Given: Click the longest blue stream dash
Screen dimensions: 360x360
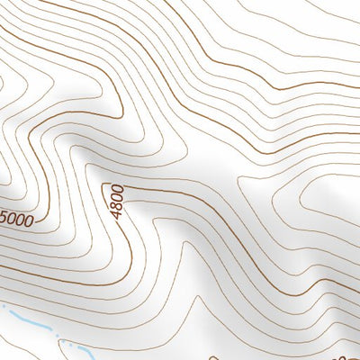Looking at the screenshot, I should tap(27, 319).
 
